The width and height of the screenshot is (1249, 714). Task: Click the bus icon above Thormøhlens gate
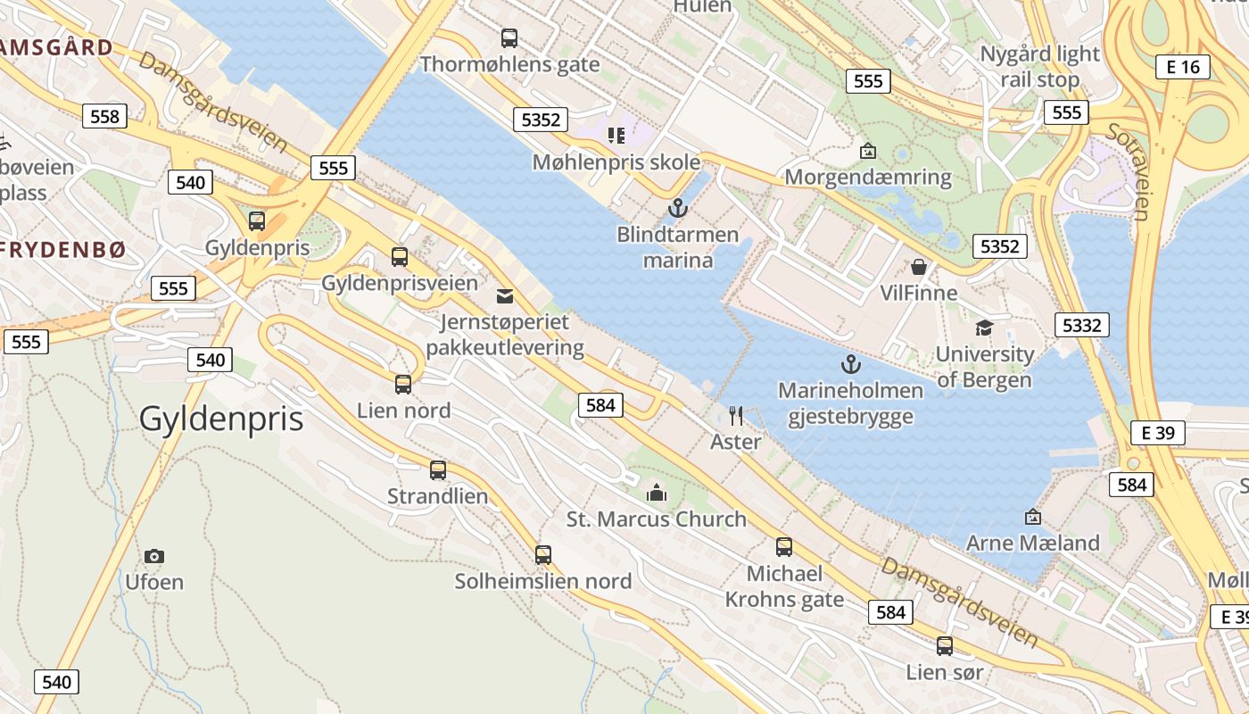click(509, 38)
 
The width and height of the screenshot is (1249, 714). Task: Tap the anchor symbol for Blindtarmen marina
click(678, 209)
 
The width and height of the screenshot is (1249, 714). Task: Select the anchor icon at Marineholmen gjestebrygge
click(850, 364)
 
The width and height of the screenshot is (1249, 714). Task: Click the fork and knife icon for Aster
click(736, 415)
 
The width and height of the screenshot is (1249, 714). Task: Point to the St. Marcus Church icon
click(657, 492)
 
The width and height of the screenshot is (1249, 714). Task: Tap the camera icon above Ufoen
click(154, 556)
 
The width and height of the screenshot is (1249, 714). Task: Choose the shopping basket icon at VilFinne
click(918, 267)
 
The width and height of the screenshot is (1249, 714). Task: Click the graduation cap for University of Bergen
click(984, 328)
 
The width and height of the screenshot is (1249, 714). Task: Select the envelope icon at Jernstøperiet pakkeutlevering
click(505, 295)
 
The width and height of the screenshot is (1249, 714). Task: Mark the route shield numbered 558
click(105, 115)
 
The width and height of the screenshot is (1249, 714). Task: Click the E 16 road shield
click(1183, 66)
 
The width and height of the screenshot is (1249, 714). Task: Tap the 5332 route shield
click(1081, 325)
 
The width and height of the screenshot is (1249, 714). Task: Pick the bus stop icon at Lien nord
click(403, 385)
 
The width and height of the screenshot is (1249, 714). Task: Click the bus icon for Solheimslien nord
click(543, 554)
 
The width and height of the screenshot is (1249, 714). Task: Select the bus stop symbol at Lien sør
click(945, 645)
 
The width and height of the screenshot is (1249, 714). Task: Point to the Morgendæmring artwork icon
click(867, 151)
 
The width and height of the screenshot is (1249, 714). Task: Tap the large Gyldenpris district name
click(221, 419)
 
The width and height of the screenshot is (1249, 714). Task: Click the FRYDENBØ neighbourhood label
click(62, 251)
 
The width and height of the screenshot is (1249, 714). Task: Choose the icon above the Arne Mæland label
click(1033, 517)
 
